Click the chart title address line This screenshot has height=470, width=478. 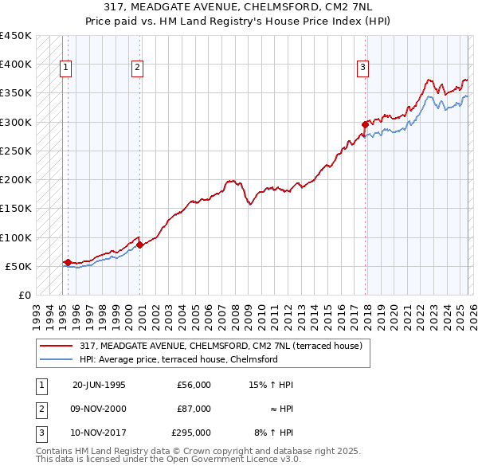238,7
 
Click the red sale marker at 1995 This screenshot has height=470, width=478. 68,261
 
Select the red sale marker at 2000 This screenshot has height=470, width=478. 139,245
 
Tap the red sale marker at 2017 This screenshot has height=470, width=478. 365,124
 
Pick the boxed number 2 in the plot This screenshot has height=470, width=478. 137,69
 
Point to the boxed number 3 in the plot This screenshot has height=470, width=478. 362,69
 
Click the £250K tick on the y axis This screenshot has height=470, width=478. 16,151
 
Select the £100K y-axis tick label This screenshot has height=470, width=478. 16,237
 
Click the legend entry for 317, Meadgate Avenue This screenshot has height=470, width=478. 221,346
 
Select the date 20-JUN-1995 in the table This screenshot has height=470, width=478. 99,385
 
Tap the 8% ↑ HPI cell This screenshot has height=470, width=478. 273,433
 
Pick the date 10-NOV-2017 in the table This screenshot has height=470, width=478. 99,433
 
